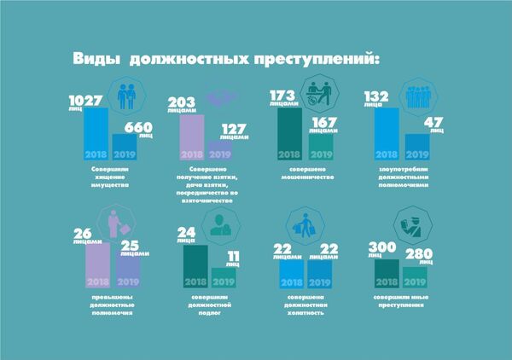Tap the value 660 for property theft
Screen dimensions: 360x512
(x=138, y=127)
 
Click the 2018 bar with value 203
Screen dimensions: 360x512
(x=191, y=138)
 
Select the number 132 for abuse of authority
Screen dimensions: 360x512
(x=377, y=96)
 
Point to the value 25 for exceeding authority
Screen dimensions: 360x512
(x=130, y=245)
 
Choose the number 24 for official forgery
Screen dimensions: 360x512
(x=186, y=233)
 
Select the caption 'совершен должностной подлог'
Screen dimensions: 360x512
(x=208, y=305)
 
